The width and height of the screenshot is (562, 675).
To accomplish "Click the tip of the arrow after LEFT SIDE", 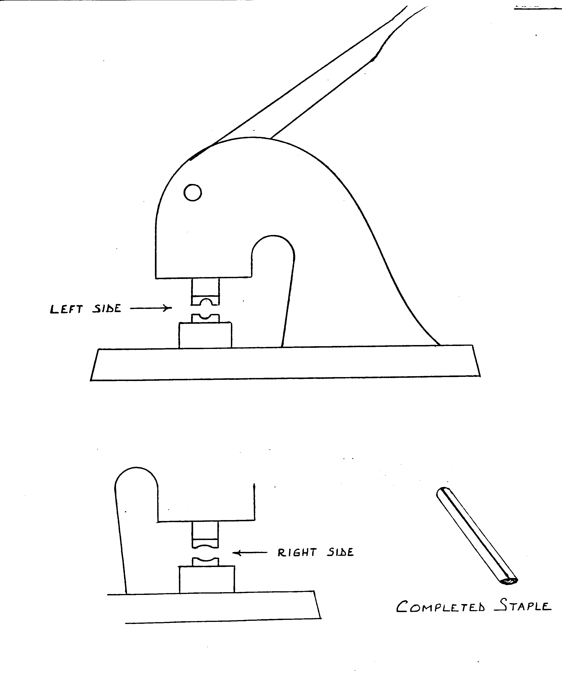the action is (x=171, y=308).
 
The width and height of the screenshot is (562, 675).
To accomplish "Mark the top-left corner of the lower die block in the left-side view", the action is (x=179, y=323).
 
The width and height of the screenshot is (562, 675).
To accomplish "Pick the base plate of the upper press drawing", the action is (x=285, y=363).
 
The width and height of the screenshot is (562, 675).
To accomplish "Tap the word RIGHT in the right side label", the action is (x=297, y=553).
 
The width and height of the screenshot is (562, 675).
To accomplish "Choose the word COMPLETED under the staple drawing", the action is (x=440, y=607).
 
